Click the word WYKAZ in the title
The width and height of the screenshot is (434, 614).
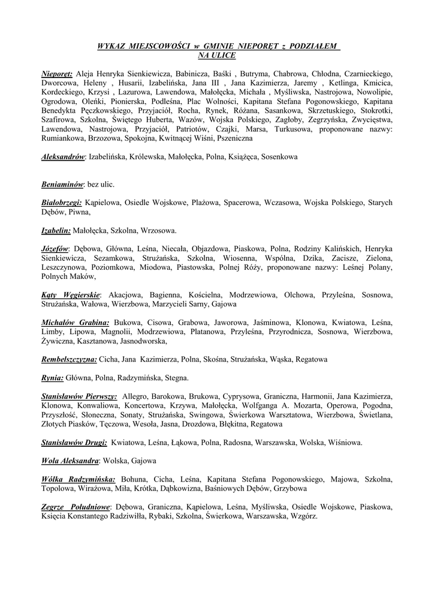(x=111, y=46)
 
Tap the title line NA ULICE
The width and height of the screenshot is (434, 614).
(x=216, y=55)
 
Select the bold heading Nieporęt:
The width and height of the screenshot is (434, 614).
(x=57, y=73)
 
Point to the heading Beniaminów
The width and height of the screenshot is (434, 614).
(x=62, y=184)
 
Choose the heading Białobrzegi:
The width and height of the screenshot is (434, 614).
(x=62, y=203)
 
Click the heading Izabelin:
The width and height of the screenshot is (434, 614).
(x=56, y=230)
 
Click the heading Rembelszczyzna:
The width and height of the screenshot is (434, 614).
(x=69, y=359)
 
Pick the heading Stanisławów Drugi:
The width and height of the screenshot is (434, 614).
(x=74, y=443)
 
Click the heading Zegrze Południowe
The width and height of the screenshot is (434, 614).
(x=76, y=507)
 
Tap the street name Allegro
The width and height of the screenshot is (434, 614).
(x=135, y=396)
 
